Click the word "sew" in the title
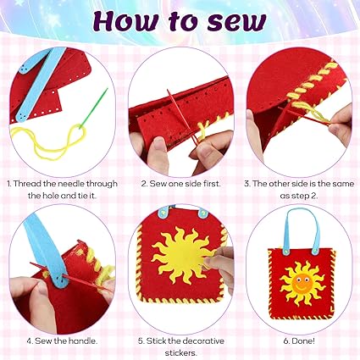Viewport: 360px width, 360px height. pyautogui.click(x=236, y=22)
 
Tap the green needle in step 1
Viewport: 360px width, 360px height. pyautogui.click(x=94, y=108)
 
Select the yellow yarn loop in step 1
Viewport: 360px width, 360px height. pyautogui.click(x=48, y=141)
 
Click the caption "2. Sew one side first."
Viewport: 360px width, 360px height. pyautogui.click(x=180, y=184)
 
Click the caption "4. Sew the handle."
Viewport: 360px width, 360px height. pyautogui.click(x=62, y=341)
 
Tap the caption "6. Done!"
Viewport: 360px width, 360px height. pyautogui.click(x=299, y=341)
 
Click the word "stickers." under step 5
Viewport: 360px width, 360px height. pyautogui.click(x=180, y=353)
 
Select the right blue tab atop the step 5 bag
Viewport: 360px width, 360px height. pyautogui.click(x=202, y=213)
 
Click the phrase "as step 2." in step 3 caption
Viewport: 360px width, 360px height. pyautogui.click(x=299, y=196)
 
